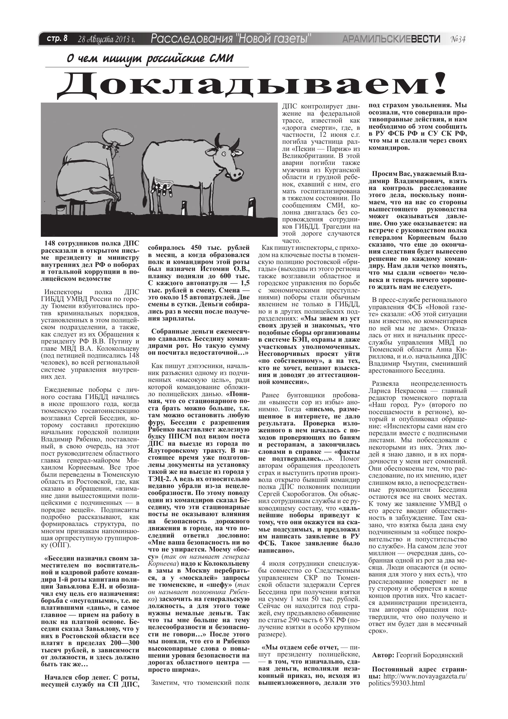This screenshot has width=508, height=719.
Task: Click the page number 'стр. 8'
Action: pyautogui.click(x=57, y=39)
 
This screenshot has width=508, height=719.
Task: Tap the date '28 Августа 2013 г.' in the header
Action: pyautogui.click(x=106, y=39)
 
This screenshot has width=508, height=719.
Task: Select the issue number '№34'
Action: pyautogui.click(x=458, y=39)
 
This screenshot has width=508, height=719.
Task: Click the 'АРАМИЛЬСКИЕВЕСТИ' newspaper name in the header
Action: pyautogui.click(x=391, y=39)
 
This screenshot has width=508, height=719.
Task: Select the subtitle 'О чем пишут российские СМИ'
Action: pyautogui.click(x=150, y=58)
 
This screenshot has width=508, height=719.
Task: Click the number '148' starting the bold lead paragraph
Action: pyautogui.click(x=50, y=243)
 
